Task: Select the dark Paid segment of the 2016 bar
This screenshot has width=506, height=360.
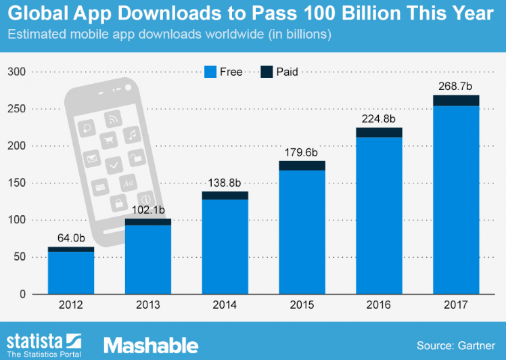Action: click(379, 132)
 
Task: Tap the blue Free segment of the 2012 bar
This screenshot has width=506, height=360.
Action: click(70, 273)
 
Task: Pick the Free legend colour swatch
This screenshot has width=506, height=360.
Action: click(210, 72)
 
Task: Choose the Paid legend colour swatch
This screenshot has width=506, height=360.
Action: click(266, 72)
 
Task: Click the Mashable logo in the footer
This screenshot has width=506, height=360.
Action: click(150, 345)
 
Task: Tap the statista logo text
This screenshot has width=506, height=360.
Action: click(35, 340)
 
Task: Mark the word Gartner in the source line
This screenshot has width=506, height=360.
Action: click(476, 346)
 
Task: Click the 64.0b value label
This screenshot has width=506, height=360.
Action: click(70, 239)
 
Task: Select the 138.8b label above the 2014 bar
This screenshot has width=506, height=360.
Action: click(225, 183)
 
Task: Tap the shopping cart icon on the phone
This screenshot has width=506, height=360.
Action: click(108, 141)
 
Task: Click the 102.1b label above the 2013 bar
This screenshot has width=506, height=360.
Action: click(147, 210)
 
